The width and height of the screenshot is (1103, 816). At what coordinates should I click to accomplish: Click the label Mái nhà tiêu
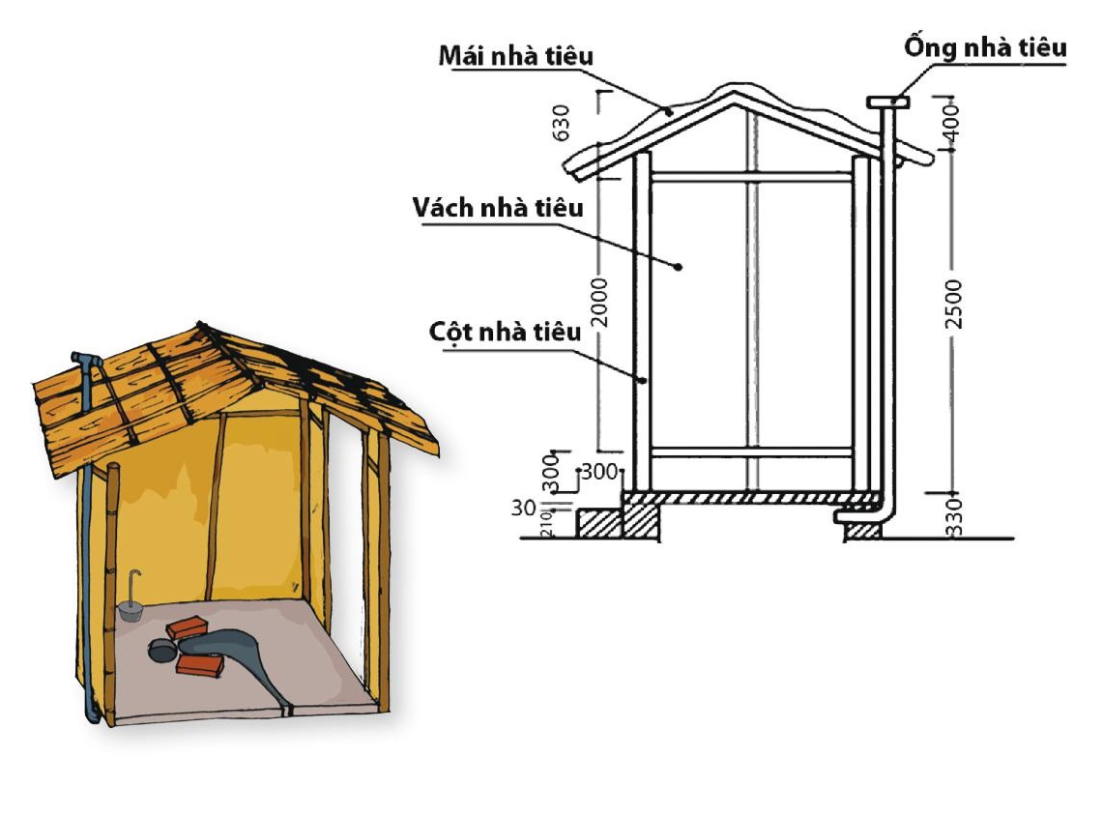(515, 55)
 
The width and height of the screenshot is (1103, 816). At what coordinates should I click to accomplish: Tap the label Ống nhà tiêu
(985, 46)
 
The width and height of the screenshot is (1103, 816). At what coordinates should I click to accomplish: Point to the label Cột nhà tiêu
(505, 333)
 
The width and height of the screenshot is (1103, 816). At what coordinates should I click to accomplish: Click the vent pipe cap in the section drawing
(886, 102)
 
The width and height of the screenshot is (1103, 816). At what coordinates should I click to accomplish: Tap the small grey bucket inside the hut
(130, 610)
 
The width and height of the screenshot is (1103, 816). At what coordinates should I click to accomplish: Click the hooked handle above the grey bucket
(135, 583)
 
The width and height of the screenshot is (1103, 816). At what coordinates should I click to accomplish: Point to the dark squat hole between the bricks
(160, 650)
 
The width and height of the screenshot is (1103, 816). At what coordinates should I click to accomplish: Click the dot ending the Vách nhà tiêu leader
(680, 266)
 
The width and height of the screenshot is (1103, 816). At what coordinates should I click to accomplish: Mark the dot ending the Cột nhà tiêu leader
(642, 380)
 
